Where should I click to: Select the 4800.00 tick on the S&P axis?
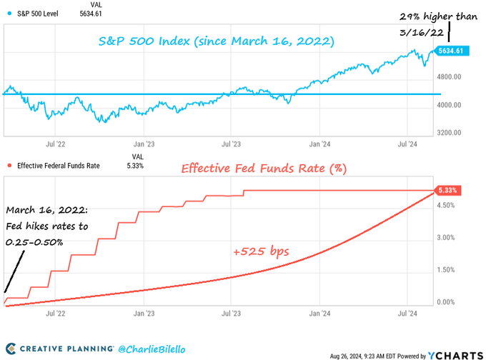tap(454, 77)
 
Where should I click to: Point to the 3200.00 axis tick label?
tap(454, 133)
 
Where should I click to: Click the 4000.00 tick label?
tap(454, 105)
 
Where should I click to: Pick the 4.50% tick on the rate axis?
tap(447, 205)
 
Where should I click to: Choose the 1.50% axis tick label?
tap(447, 270)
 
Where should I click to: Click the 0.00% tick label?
tap(447, 302)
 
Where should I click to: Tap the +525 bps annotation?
tap(262, 252)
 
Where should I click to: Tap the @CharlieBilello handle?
tap(154, 349)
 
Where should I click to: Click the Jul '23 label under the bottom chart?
tap(231, 313)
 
